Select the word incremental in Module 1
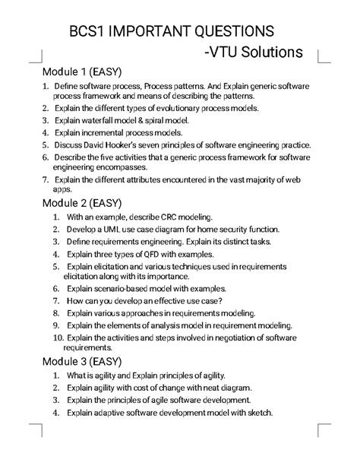tap(112, 132)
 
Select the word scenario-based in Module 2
tap(125, 290)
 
